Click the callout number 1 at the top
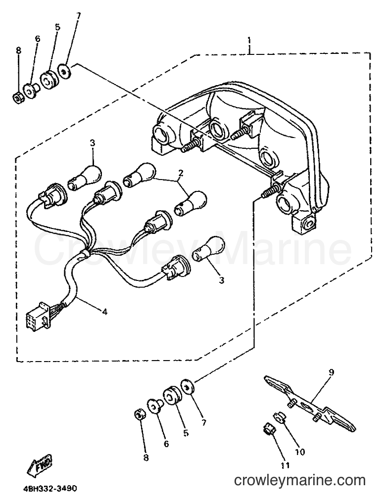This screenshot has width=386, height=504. pos(249,41)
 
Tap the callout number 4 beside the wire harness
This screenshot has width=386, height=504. pos(104,311)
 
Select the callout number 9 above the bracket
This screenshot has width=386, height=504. pos(332,372)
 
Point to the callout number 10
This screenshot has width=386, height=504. pos(299,452)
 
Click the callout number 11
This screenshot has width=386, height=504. pos(285,465)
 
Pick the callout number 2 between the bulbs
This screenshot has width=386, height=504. pos(181,173)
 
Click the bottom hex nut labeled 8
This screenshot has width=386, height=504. pos(139,414)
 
